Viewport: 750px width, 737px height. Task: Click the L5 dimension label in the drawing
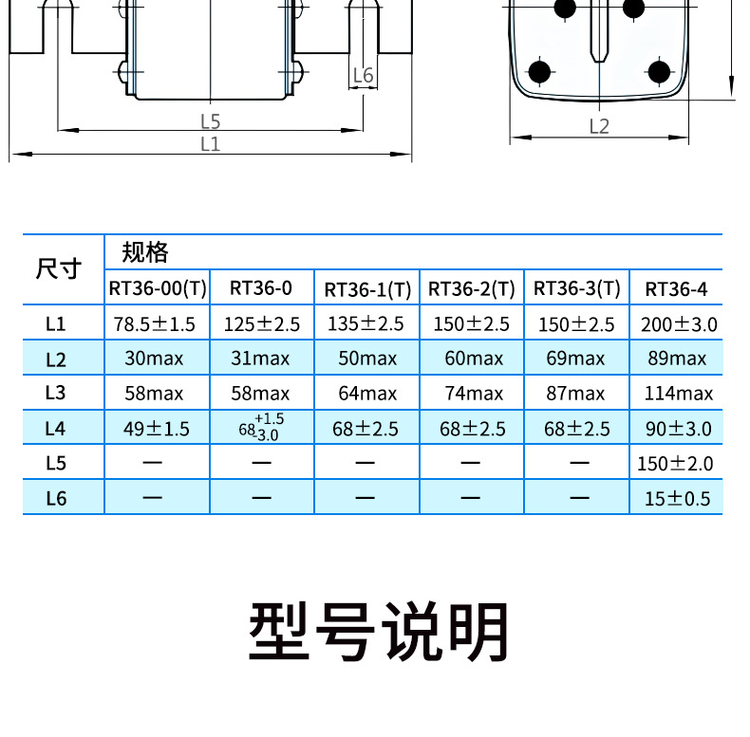click(211, 121)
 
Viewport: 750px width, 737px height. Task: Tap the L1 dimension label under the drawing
click(211, 144)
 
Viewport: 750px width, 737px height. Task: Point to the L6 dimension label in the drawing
click(363, 76)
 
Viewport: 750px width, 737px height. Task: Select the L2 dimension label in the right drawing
click(599, 126)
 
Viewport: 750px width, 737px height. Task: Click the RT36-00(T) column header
click(158, 287)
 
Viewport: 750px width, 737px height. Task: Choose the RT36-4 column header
click(676, 288)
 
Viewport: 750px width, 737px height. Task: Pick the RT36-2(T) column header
click(472, 288)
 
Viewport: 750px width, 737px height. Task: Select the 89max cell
click(675, 359)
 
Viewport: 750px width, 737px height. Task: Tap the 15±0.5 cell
click(677, 498)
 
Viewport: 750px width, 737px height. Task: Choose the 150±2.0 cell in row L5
click(676, 464)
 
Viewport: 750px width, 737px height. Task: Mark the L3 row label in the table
click(57, 394)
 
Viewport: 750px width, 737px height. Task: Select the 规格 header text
click(145, 252)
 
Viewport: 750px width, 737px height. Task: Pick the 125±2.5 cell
click(262, 324)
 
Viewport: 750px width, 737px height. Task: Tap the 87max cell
click(574, 394)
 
